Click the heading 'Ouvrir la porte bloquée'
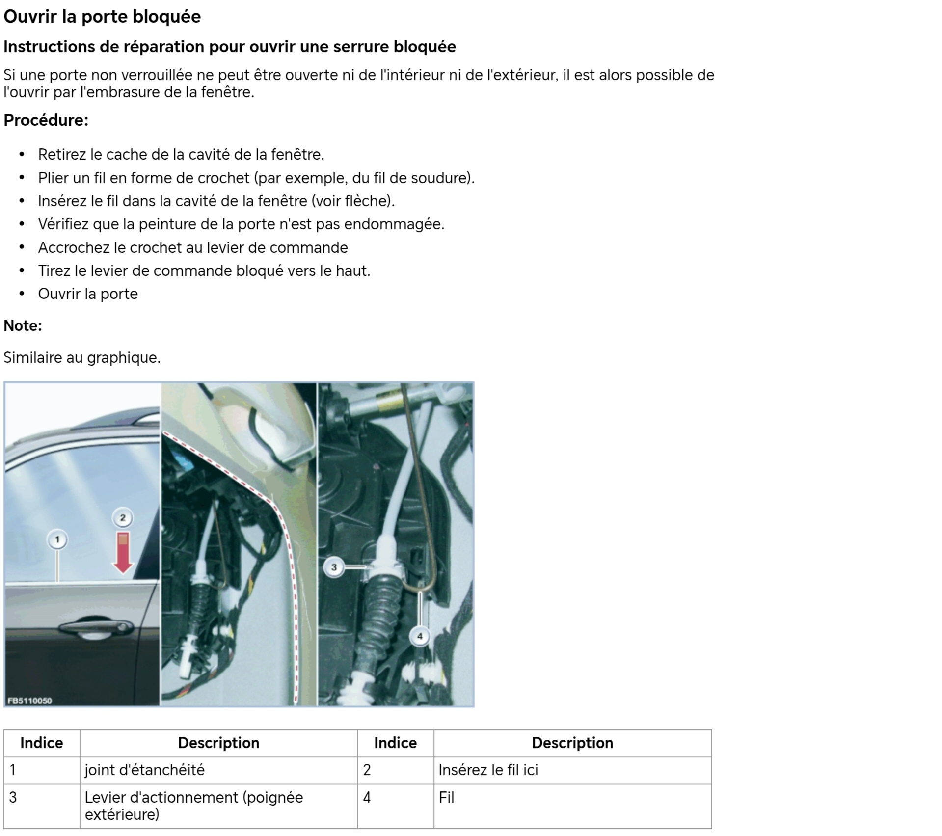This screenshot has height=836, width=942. pyautogui.click(x=102, y=17)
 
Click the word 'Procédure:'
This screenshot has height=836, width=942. pyautogui.click(x=46, y=120)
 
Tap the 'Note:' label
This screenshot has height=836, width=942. pyautogui.click(x=23, y=325)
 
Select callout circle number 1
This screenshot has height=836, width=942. pyautogui.click(x=57, y=540)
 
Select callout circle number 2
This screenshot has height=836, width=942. pyautogui.click(x=123, y=517)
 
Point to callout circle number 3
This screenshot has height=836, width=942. pyautogui.click(x=334, y=567)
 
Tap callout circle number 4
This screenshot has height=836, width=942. pyautogui.click(x=420, y=636)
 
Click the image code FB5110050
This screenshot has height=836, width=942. pyautogui.click(x=30, y=701)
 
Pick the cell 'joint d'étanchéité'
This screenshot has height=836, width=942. pyautogui.click(x=144, y=770)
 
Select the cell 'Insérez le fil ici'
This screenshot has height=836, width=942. pyautogui.click(x=488, y=770)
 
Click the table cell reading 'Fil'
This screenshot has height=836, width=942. pyautogui.click(x=446, y=797)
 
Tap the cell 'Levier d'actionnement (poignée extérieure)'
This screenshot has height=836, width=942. pyautogui.click(x=193, y=806)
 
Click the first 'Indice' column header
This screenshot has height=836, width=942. pyautogui.click(x=42, y=743)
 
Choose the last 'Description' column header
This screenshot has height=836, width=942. pyautogui.click(x=572, y=743)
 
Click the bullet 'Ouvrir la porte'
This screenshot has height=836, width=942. pyautogui.click(x=88, y=294)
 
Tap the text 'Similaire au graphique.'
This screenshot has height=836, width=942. pyautogui.click(x=82, y=357)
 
